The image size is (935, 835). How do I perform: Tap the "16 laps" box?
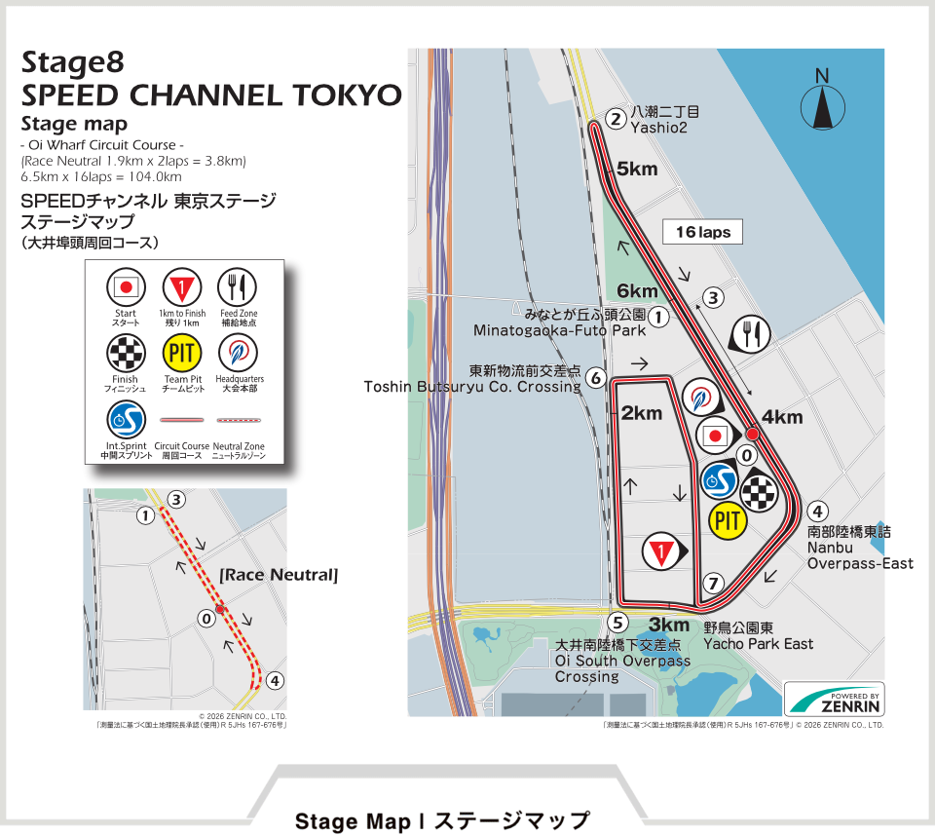pos(702,232)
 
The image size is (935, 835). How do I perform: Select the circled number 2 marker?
pos(615,120)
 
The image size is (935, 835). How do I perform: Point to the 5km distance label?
pos(637,169)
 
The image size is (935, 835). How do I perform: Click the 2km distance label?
pos(641,413)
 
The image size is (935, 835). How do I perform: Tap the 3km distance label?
pos(669,625)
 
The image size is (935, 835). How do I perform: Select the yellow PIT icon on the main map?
pos(728,521)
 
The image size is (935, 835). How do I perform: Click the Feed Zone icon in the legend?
pos(237,287)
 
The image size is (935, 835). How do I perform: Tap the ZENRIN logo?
pos(835,700)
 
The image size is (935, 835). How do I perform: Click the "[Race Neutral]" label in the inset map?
pos(278,576)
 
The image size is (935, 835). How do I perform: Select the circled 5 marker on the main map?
pos(616,623)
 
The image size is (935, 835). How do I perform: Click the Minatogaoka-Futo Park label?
pos(560,330)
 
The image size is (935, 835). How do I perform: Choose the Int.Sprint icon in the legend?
pos(125,420)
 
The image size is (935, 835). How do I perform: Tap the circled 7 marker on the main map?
pos(714,584)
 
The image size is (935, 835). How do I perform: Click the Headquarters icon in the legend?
pos(237,353)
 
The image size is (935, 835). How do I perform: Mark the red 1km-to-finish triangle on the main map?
pos(661,552)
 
